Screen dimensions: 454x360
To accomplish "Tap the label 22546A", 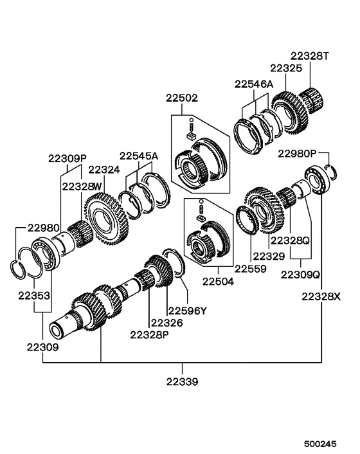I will click(254, 84).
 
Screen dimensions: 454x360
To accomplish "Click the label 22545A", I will click(138, 156).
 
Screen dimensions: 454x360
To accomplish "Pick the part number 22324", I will click(104, 170).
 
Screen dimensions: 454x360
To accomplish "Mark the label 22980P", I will click(297, 154).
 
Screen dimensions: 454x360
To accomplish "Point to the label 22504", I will click(219, 280).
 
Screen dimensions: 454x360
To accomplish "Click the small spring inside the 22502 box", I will click(192, 124).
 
